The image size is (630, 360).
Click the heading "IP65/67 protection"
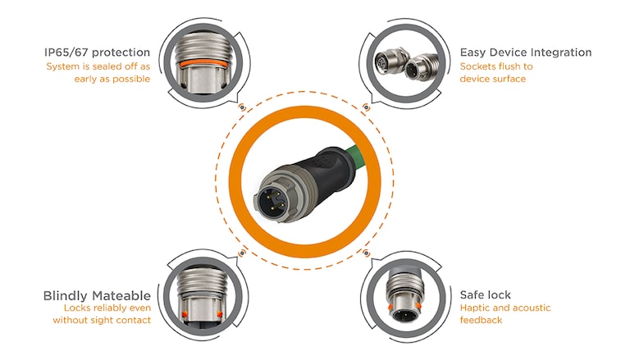98,52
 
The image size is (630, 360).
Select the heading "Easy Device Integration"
525,52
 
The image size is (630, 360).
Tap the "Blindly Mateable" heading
97,295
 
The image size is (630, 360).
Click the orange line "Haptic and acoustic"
504,308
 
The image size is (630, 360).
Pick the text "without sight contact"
102,321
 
